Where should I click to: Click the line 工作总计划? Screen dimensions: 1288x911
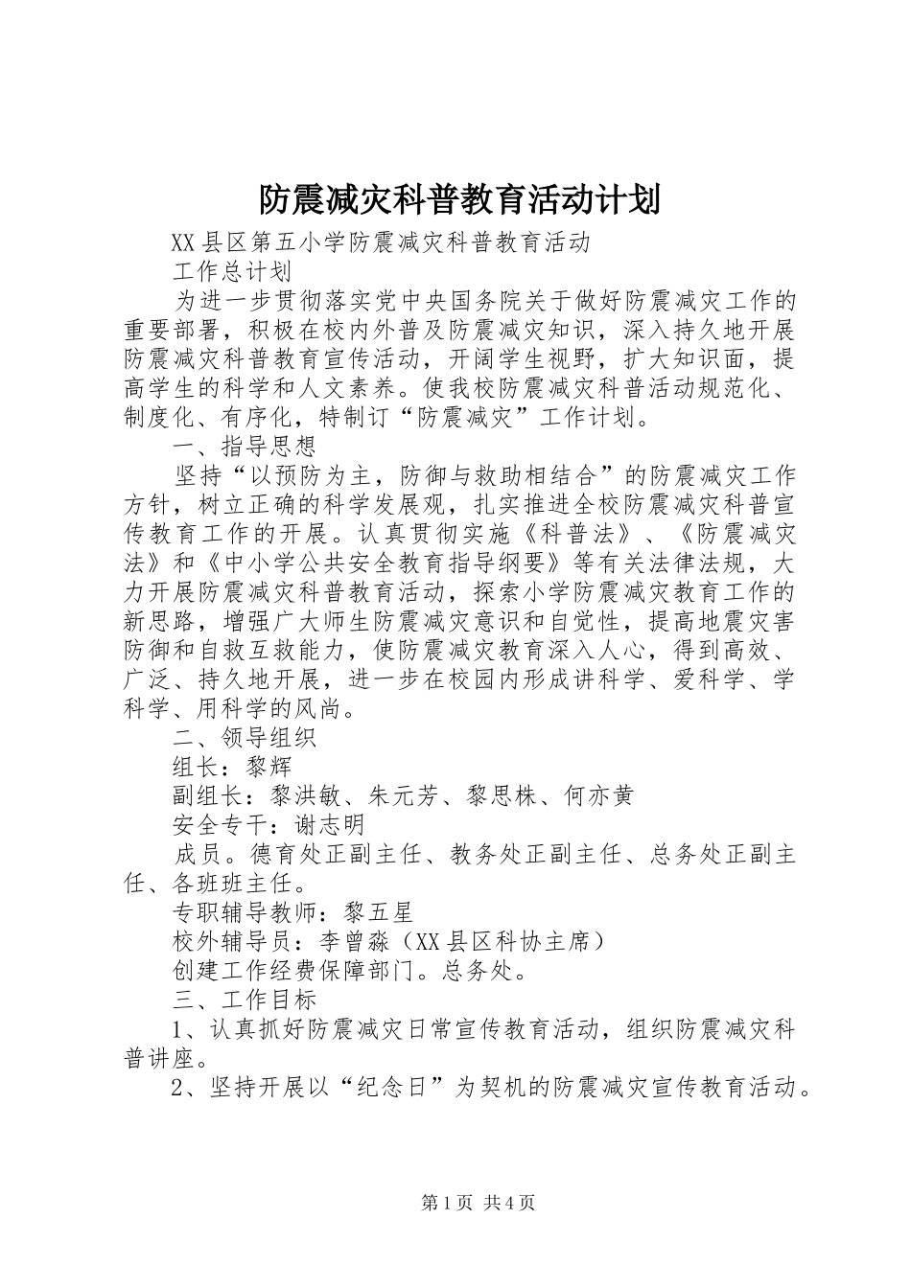(231, 271)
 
